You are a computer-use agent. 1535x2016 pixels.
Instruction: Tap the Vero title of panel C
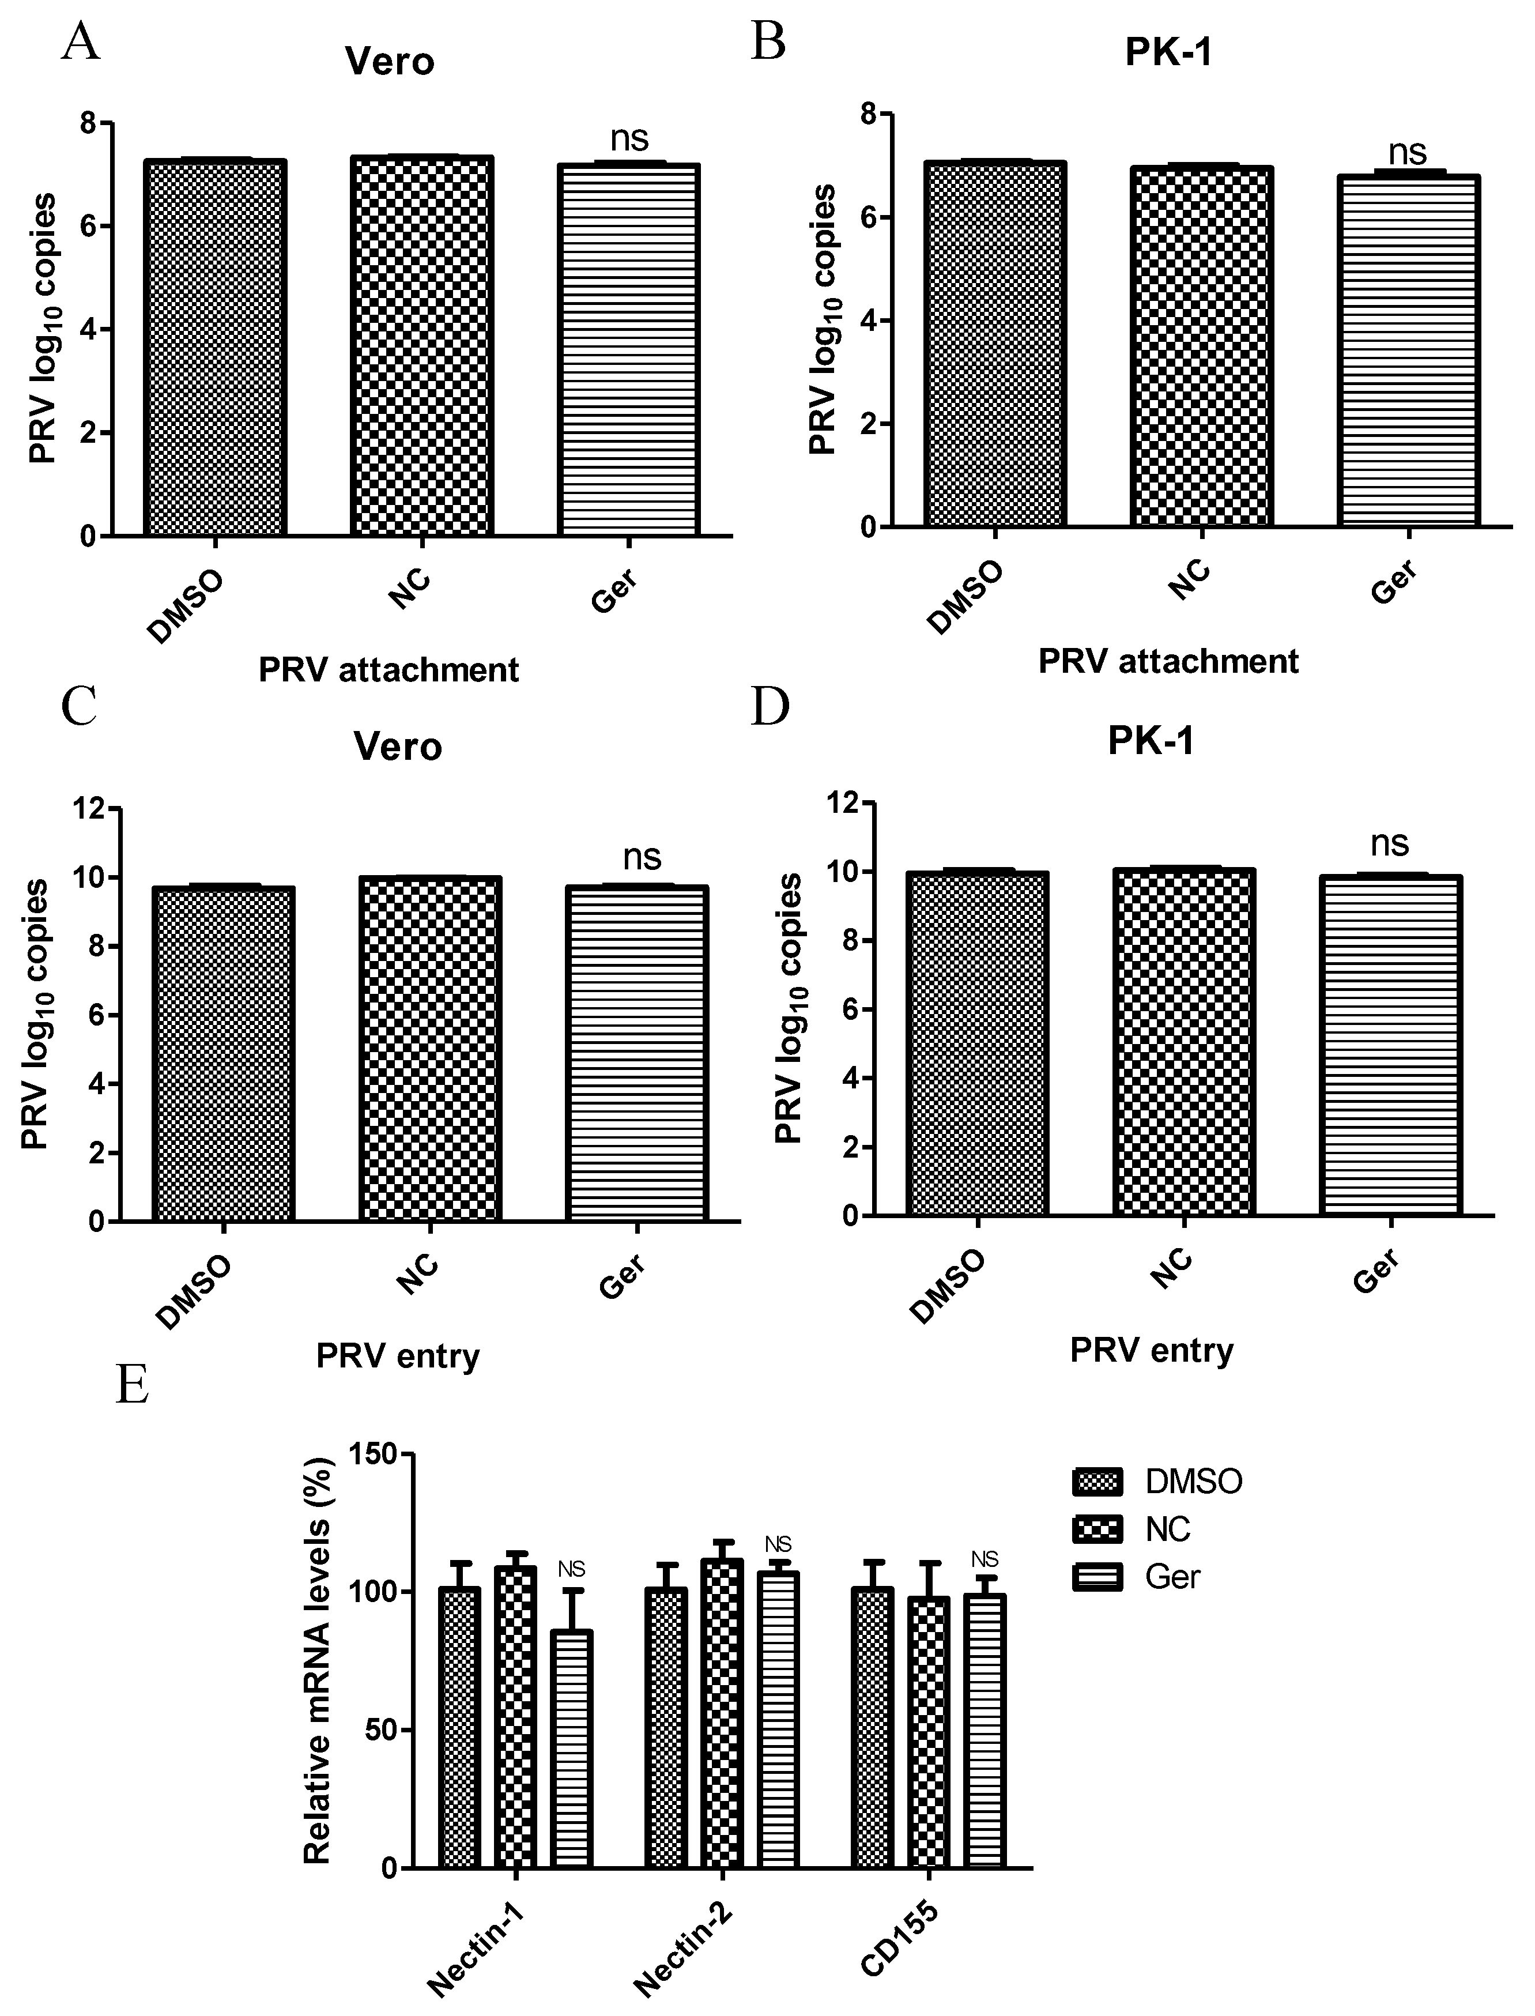pos(398,747)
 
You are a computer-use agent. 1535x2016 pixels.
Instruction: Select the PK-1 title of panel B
pos(1168,53)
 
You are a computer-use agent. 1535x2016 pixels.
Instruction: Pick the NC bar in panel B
pos(1201,346)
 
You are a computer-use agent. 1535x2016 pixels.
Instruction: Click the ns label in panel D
pos(1389,843)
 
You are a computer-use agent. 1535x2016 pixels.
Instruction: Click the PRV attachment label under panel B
pos(1168,661)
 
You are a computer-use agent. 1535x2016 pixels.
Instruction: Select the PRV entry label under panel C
pos(398,1355)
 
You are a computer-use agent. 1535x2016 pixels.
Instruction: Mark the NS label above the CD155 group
pos(985,1559)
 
